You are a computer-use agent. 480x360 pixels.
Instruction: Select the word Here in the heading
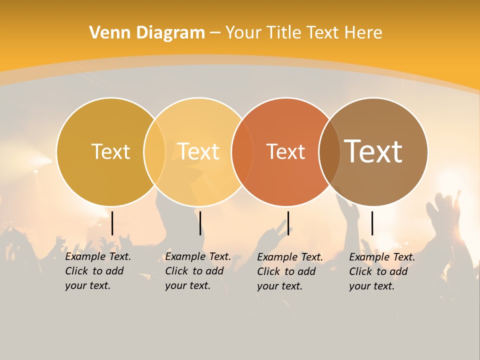[x=363, y=33]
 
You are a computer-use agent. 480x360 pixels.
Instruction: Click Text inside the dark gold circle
[x=110, y=151]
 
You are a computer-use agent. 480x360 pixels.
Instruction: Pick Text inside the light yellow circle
[x=198, y=151]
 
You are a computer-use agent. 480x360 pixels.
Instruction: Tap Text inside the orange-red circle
[x=285, y=151]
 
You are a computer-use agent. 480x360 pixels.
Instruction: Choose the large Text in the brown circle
[x=373, y=151]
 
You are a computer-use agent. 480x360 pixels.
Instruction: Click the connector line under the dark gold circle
[x=112, y=223]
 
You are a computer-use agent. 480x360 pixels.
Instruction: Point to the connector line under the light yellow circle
[x=200, y=223]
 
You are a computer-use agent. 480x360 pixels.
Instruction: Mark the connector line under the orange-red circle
[x=288, y=223]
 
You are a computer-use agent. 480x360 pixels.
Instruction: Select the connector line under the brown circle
[x=372, y=223]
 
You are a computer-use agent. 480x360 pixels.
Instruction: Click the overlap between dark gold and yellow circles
[x=154, y=152]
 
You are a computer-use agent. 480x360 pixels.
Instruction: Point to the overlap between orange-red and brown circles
[x=329, y=152]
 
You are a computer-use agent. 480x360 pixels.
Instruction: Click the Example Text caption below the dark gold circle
[x=97, y=271]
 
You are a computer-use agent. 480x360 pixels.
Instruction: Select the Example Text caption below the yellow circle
[x=197, y=271]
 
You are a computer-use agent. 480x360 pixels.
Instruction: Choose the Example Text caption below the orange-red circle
[x=289, y=271]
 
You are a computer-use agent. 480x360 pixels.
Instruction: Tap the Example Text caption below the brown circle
[x=381, y=271]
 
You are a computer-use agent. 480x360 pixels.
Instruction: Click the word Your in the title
[x=243, y=33]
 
